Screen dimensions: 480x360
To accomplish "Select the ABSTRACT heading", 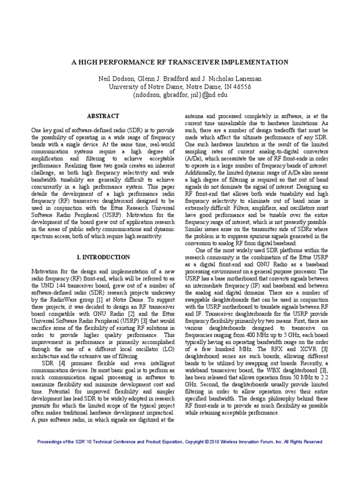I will point(103,116).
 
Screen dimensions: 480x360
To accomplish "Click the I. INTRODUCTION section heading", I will point(103,257).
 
